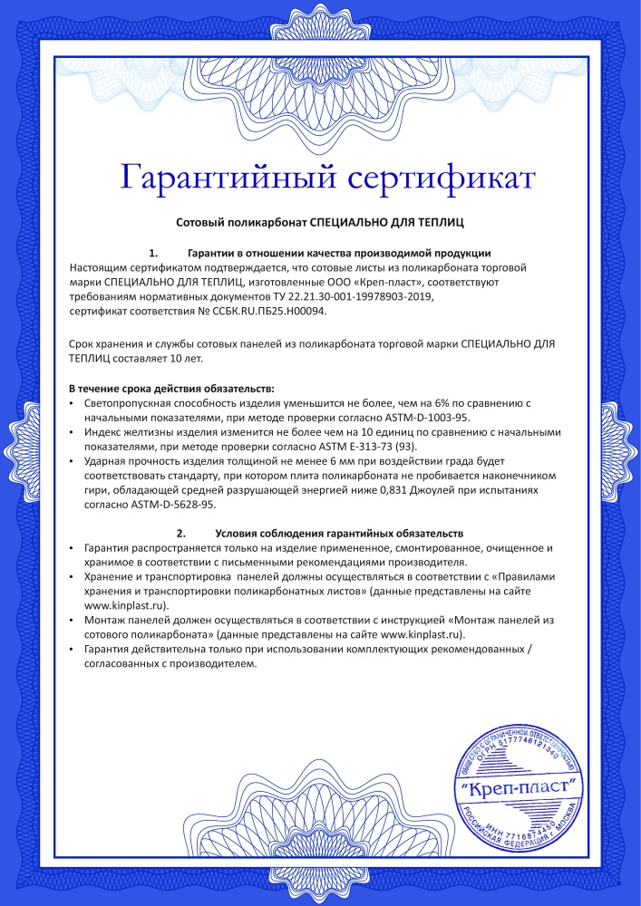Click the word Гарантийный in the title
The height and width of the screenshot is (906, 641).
(x=221, y=177)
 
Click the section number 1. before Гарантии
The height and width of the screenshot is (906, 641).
(x=154, y=253)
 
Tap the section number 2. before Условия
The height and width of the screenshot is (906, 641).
(x=181, y=534)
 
